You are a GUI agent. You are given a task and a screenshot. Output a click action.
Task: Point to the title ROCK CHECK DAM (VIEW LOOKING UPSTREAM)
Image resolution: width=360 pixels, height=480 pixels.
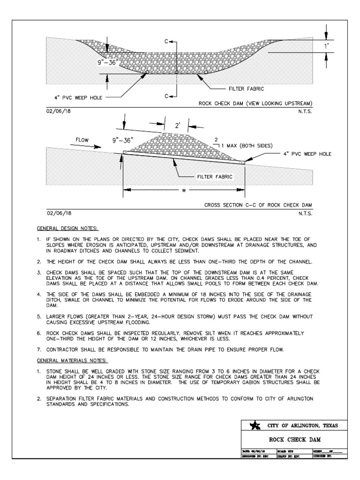tap(255, 103)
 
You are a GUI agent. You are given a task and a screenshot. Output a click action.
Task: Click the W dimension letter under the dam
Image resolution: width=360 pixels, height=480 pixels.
tap(183, 190)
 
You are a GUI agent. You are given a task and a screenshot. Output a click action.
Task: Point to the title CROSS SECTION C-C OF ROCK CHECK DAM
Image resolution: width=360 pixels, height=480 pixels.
tap(258, 205)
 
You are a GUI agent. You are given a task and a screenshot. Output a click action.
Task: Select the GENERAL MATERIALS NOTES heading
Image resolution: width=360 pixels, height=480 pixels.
tap(73, 360)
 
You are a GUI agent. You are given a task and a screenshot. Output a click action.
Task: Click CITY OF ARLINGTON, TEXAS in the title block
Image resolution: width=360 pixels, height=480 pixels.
tap(300, 426)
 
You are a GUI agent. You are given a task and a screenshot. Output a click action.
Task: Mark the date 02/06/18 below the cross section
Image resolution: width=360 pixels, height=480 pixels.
tap(58, 212)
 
